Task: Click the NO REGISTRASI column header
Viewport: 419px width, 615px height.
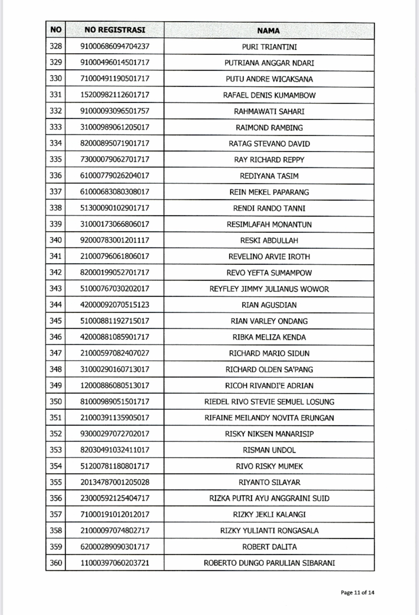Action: click(x=115, y=30)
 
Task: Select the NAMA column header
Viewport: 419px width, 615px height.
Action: click(x=268, y=31)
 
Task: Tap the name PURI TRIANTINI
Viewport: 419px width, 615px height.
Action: click(x=269, y=47)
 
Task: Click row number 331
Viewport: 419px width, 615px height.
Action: click(x=55, y=95)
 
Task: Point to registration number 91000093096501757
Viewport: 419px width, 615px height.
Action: click(x=115, y=111)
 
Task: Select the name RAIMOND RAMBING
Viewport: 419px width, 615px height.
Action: click(x=269, y=127)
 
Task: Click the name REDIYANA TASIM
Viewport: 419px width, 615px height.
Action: click(x=269, y=176)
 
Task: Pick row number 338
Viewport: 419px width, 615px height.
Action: click(x=55, y=208)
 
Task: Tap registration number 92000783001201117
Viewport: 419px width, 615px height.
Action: click(x=115, y=240)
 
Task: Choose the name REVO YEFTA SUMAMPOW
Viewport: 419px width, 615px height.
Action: click(x=269, y=273)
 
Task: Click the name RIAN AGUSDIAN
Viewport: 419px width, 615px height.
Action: click(x=269, y=305)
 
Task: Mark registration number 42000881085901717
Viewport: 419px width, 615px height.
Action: click(x=115, y=337)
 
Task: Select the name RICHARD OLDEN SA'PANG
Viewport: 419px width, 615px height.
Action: click(x=269, y=369)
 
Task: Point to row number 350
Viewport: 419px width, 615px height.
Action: click(x=55, y=401)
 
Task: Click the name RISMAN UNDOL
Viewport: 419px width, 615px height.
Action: click(x=269, y=450)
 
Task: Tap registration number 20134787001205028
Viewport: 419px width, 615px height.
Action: click(x=115, y=482)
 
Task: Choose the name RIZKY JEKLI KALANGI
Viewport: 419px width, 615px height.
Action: click(x=269, y=514)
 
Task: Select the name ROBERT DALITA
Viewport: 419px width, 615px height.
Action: click(x=269, y=547)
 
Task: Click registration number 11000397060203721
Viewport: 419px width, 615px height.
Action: click(x=115, y=563)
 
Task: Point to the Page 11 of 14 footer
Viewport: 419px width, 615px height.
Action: click(x=357, y=592)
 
